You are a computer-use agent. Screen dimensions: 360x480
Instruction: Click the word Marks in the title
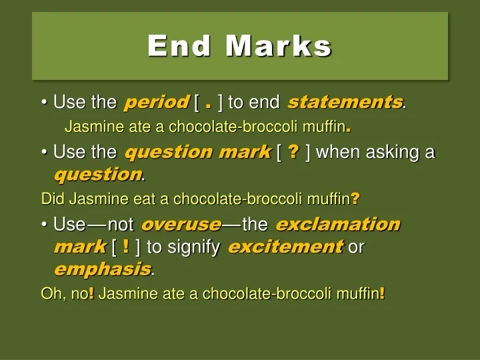point(278,46)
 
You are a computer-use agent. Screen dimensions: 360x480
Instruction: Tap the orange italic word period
point(156,102)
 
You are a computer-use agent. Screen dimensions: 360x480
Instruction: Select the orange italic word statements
point(345,102)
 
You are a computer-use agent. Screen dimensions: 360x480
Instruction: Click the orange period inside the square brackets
point(209,104)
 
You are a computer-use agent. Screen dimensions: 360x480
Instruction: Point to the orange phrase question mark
point(197,152)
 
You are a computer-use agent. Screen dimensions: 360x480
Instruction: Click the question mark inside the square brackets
point(293,152)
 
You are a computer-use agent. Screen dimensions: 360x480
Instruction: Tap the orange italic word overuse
point(181,224)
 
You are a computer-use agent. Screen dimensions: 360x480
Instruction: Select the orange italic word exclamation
point(337,224)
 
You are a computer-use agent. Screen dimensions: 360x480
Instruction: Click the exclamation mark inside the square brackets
point(127,247)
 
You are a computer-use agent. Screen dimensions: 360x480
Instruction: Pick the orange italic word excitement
point(285,247)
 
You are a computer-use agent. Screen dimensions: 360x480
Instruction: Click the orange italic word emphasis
point(101,269)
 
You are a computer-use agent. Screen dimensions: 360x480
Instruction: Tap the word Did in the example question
point(51,198)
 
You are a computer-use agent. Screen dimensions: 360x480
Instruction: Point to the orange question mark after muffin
point(355,198)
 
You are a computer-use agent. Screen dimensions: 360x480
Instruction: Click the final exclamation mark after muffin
point(382,293)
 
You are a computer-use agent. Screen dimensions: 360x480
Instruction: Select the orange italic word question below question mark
point(97,175)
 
